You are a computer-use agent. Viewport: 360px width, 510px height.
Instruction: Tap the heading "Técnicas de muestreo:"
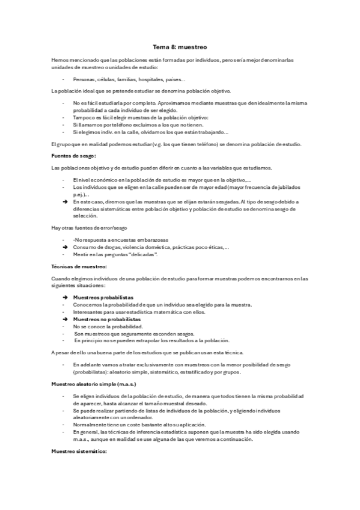[79, 266]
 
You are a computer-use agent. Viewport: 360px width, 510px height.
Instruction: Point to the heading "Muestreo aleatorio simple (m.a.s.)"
[94, 383]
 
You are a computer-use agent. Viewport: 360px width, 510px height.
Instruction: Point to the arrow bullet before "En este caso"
[64, 201]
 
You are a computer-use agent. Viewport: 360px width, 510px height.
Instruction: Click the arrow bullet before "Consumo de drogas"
[64, 247]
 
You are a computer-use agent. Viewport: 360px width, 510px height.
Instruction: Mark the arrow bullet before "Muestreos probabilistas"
[64, 298]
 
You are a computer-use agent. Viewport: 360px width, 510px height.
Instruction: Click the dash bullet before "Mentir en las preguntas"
[64, 254]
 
